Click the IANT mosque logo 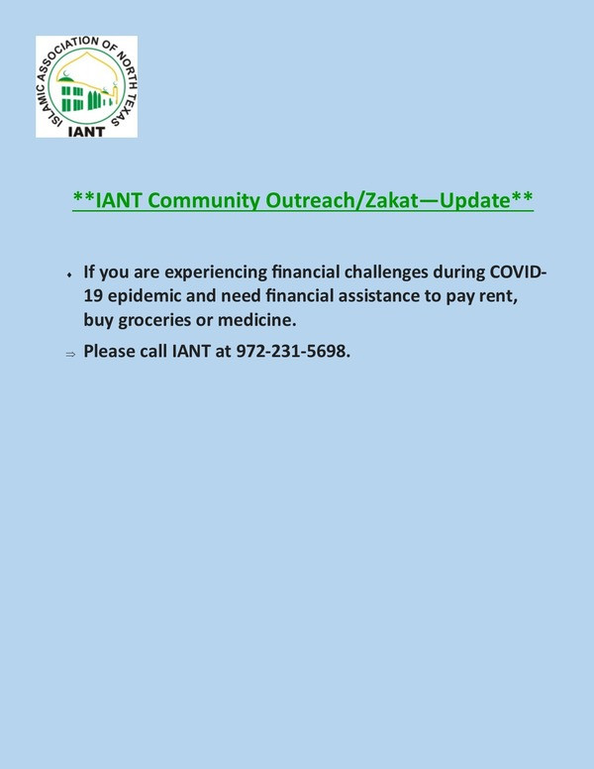pos(86,86)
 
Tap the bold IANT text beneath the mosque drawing pos(86,132)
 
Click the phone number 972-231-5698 pos(293,351)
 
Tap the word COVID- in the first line pos(519,272)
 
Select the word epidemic pos(145,296)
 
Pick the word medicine pos(256,320)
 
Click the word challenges pos(386,273)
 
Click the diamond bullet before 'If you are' pos(69,275)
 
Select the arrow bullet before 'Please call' pos(70,354)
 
